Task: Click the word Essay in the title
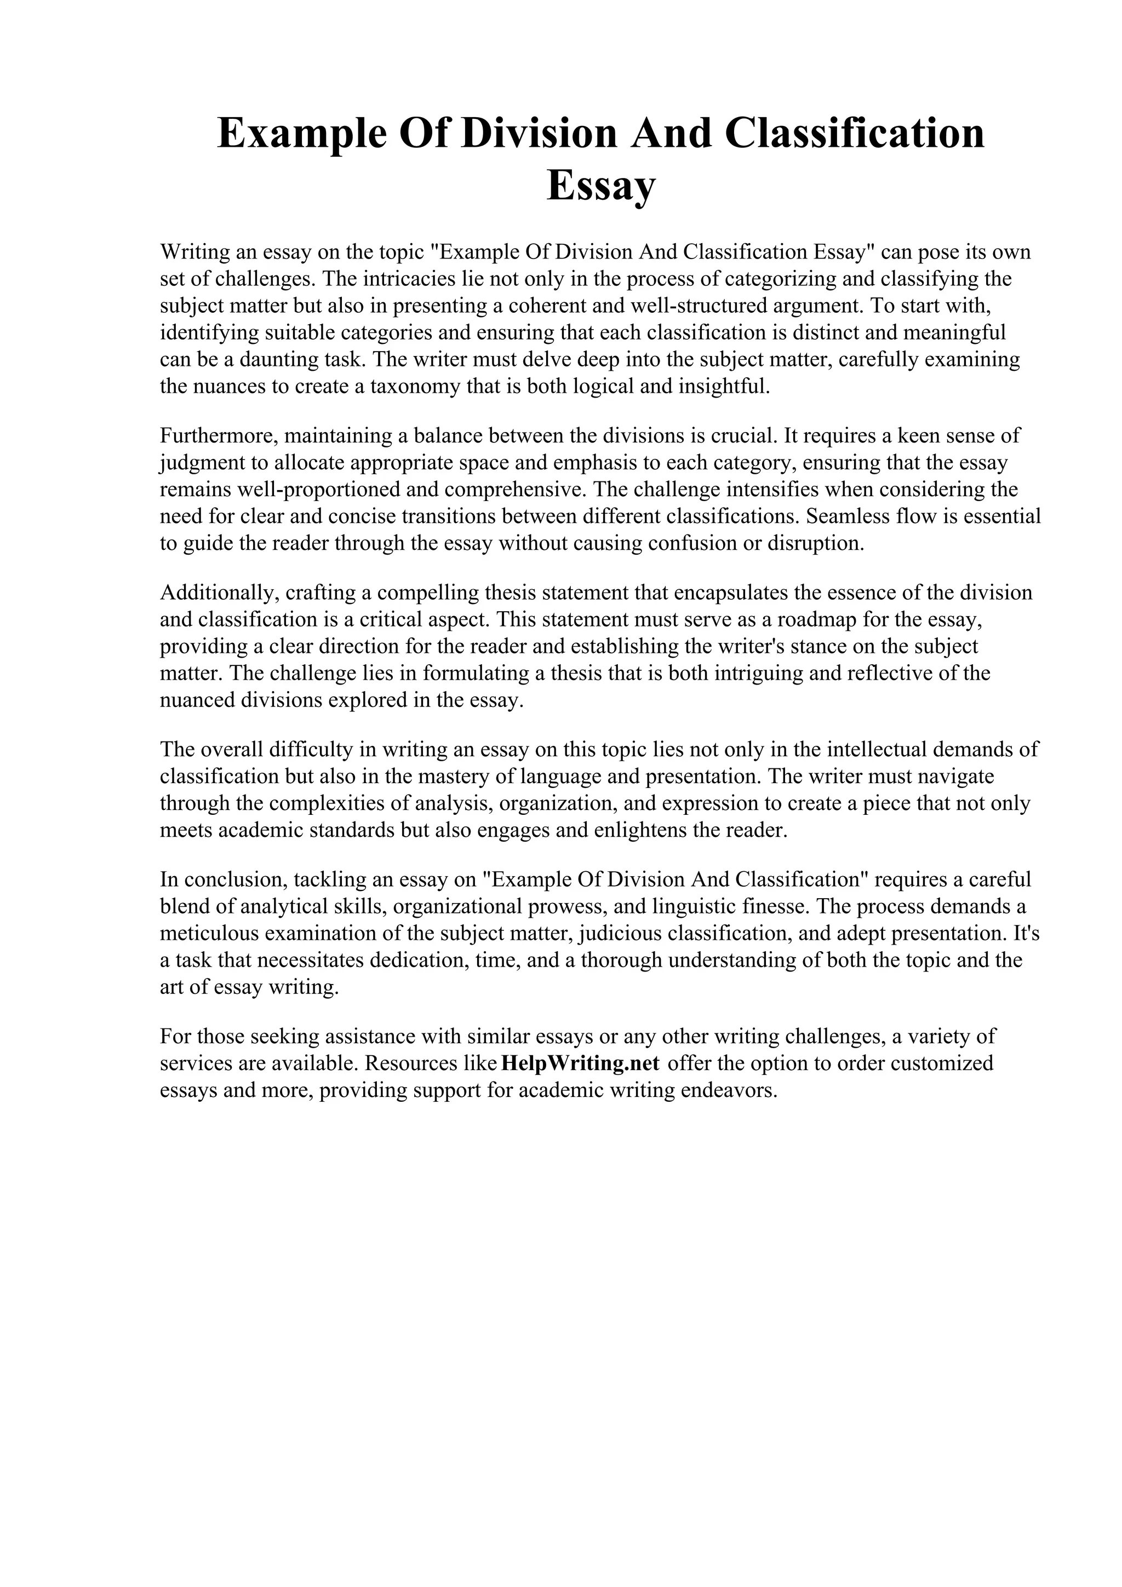[600, 185]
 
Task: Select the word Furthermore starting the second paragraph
[219, 436]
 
